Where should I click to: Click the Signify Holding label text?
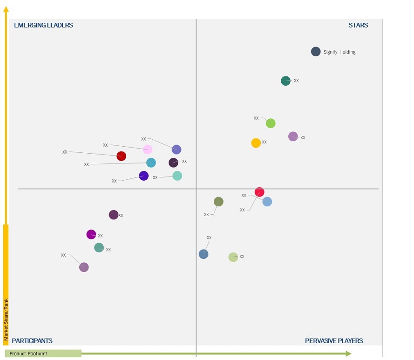(x=339, y=52)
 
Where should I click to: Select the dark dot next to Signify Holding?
(x=316, y=52)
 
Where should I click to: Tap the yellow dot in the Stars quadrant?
(x=256, y=143)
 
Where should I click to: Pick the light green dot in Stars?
(x=271, y=123)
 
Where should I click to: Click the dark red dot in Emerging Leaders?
(x=121, y=156)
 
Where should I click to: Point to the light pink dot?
(x=147, y=149)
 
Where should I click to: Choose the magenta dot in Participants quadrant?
(x=91, y=235)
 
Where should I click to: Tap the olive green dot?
(x=218, y=202)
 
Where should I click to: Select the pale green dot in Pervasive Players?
(x=233, y=257)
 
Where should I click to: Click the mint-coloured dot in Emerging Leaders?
(x=177, y=176)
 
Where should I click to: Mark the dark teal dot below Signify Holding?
(x=286, y=81)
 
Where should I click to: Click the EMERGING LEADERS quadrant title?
(x=43, y=25)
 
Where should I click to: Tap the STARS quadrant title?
(x=358, y=25)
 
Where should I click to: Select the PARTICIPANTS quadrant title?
(x=32, y=341)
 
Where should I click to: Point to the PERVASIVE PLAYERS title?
(x=334, y=341)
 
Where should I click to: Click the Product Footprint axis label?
(x=28, y=354)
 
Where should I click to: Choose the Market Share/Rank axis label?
(x=6, y=319)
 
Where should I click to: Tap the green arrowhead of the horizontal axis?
(x=348, y=354)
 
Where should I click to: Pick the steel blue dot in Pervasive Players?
(x=204, y=254)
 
